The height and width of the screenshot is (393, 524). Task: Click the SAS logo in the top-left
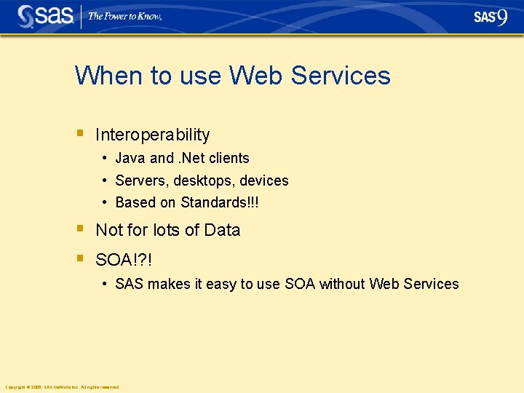(45, 16)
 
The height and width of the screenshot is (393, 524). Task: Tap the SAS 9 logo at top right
(491, 17)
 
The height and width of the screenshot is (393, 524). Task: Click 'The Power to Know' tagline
(124, 16)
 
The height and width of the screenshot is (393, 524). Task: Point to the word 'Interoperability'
(152, 135)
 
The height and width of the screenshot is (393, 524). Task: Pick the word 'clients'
(228, 158)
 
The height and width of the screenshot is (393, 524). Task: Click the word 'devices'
(264, 180)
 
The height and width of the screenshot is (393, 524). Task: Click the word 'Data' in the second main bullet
(222, 230)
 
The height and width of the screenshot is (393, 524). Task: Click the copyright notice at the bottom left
(62, 386)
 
